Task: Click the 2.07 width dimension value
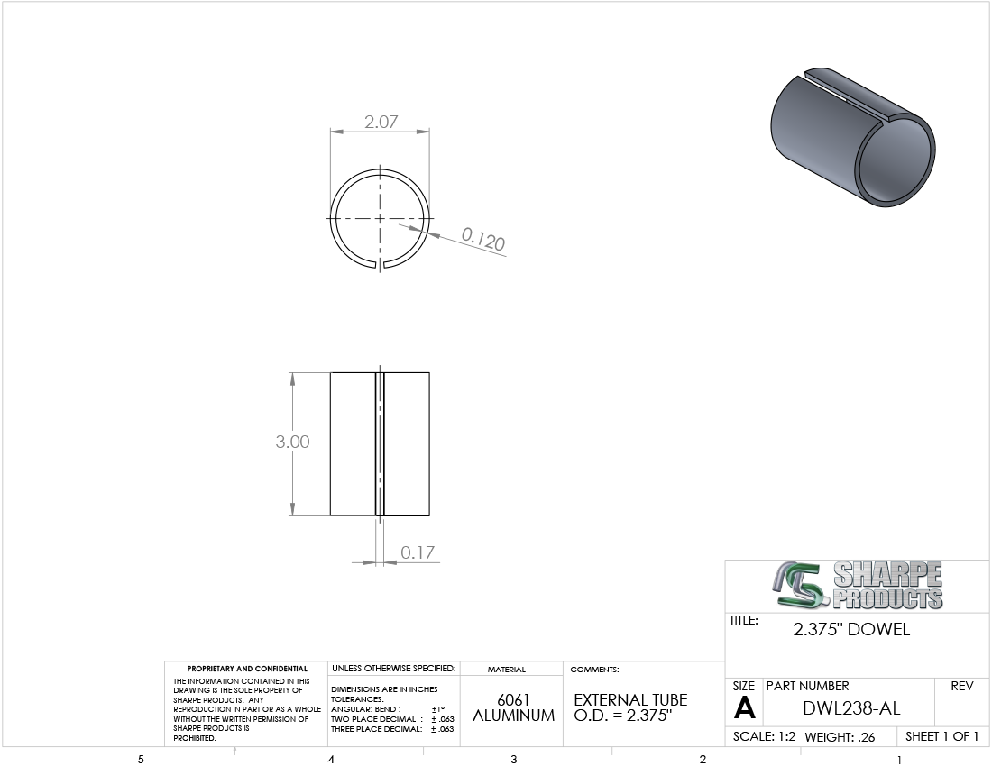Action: tap(381, 122)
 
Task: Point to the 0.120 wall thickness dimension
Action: tap(482, 239)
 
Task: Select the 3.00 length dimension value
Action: tap(292, 442)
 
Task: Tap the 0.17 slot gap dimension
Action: tap(418, 552)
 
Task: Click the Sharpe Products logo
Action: tap(858, 585)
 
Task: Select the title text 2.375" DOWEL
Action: tap(851, 630)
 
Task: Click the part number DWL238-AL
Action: tap(851, 707)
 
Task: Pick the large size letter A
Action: tap(745, 707)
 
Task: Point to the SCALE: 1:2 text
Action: tap(764, 736)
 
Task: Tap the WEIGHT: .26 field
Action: tap(840, 737)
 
